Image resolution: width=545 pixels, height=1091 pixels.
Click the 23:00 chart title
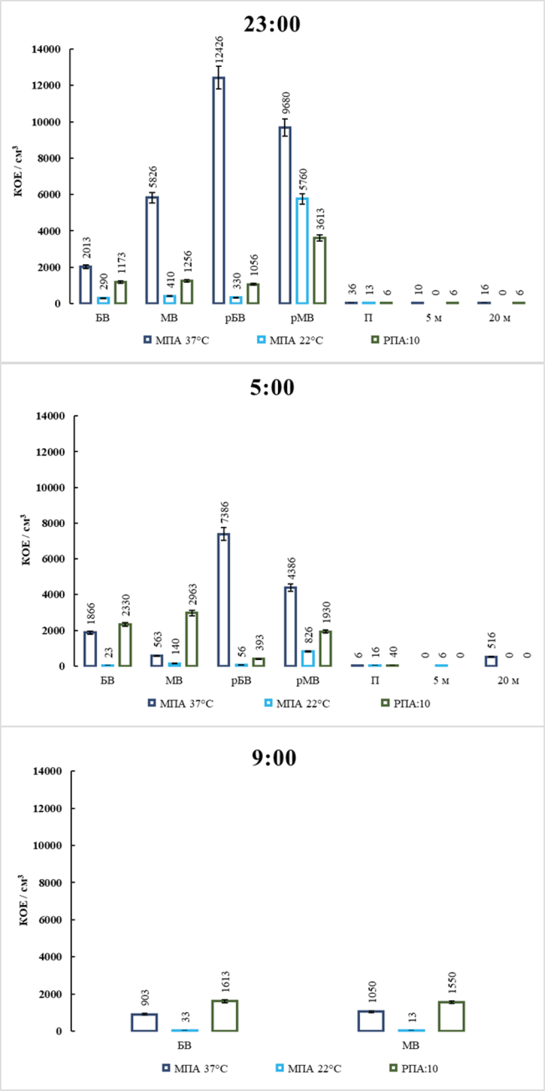[x=272, y=24]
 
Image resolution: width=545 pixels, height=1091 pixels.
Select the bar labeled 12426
[x=218, y=190]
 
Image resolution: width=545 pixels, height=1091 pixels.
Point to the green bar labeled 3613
[x=320, y=270]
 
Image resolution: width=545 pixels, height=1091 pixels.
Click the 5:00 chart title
[x=272, y=387]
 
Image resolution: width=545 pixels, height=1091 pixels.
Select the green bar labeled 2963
[x=192, y=639]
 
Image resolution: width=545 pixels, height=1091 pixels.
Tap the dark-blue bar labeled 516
[x=491, y=661]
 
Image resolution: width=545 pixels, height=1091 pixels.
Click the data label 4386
[x=292, y=569]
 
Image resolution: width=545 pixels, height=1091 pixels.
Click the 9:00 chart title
[x=274, y=758]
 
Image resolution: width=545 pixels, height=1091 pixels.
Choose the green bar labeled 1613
[x=225, y=1015]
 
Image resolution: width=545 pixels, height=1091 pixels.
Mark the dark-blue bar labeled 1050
[x=371, y=1021]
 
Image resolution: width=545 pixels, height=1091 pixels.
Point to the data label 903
[x=145, y=998]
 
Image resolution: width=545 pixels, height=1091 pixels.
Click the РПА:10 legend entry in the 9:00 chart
[x=413, y=1068]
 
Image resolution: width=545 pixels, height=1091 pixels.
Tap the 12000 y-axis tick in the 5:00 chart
[x=50, y=452]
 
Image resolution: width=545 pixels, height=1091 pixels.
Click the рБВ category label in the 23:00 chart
[x=235, y=318]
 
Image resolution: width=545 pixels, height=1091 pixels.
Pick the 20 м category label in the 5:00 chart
[x=508, y=681]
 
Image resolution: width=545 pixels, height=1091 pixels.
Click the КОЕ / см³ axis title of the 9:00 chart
[x=24, y=900]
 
